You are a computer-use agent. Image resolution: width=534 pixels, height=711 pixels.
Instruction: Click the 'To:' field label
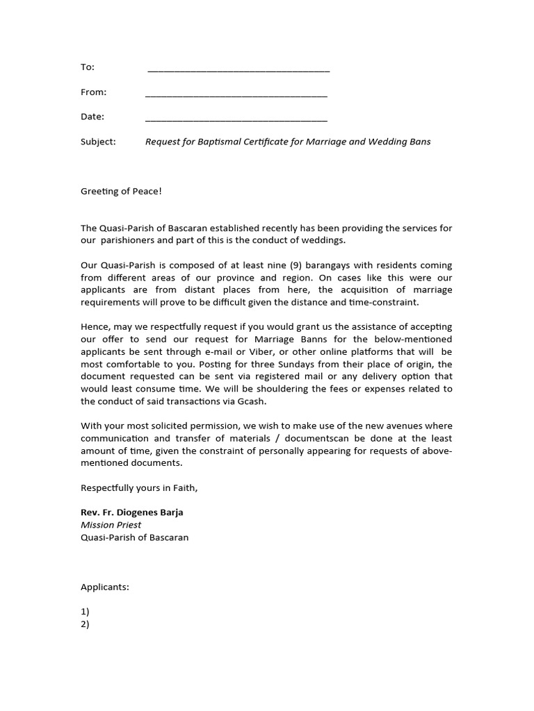(x=88, y=67)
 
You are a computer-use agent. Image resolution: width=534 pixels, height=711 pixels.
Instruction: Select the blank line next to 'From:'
(x=236, y=94)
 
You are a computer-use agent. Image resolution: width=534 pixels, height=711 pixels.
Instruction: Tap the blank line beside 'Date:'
(x=236, y=119)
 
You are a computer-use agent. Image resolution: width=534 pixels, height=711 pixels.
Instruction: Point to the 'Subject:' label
(x=98, y=142)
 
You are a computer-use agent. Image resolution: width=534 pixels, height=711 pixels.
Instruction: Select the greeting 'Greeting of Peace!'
(x=121, y=191)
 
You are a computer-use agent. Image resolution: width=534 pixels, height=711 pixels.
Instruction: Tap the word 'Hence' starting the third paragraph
(x=94, y=327)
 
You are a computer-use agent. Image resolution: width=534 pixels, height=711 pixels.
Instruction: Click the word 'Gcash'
(x=253, y=401)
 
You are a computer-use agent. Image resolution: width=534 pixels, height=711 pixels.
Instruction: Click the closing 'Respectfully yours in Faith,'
(x=139, y=488)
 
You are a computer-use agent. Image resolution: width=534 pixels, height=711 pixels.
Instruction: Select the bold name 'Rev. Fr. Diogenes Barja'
(x=132, y=512)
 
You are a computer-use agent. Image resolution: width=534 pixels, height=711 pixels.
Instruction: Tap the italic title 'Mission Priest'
(x=111, y=525)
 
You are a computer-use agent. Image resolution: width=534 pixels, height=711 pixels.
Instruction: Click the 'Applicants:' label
(x=105, y=587)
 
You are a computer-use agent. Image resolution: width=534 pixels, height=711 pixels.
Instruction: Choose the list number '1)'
(x=85, y=612)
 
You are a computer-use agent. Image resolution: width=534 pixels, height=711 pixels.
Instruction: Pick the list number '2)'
(x=85, y=624)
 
